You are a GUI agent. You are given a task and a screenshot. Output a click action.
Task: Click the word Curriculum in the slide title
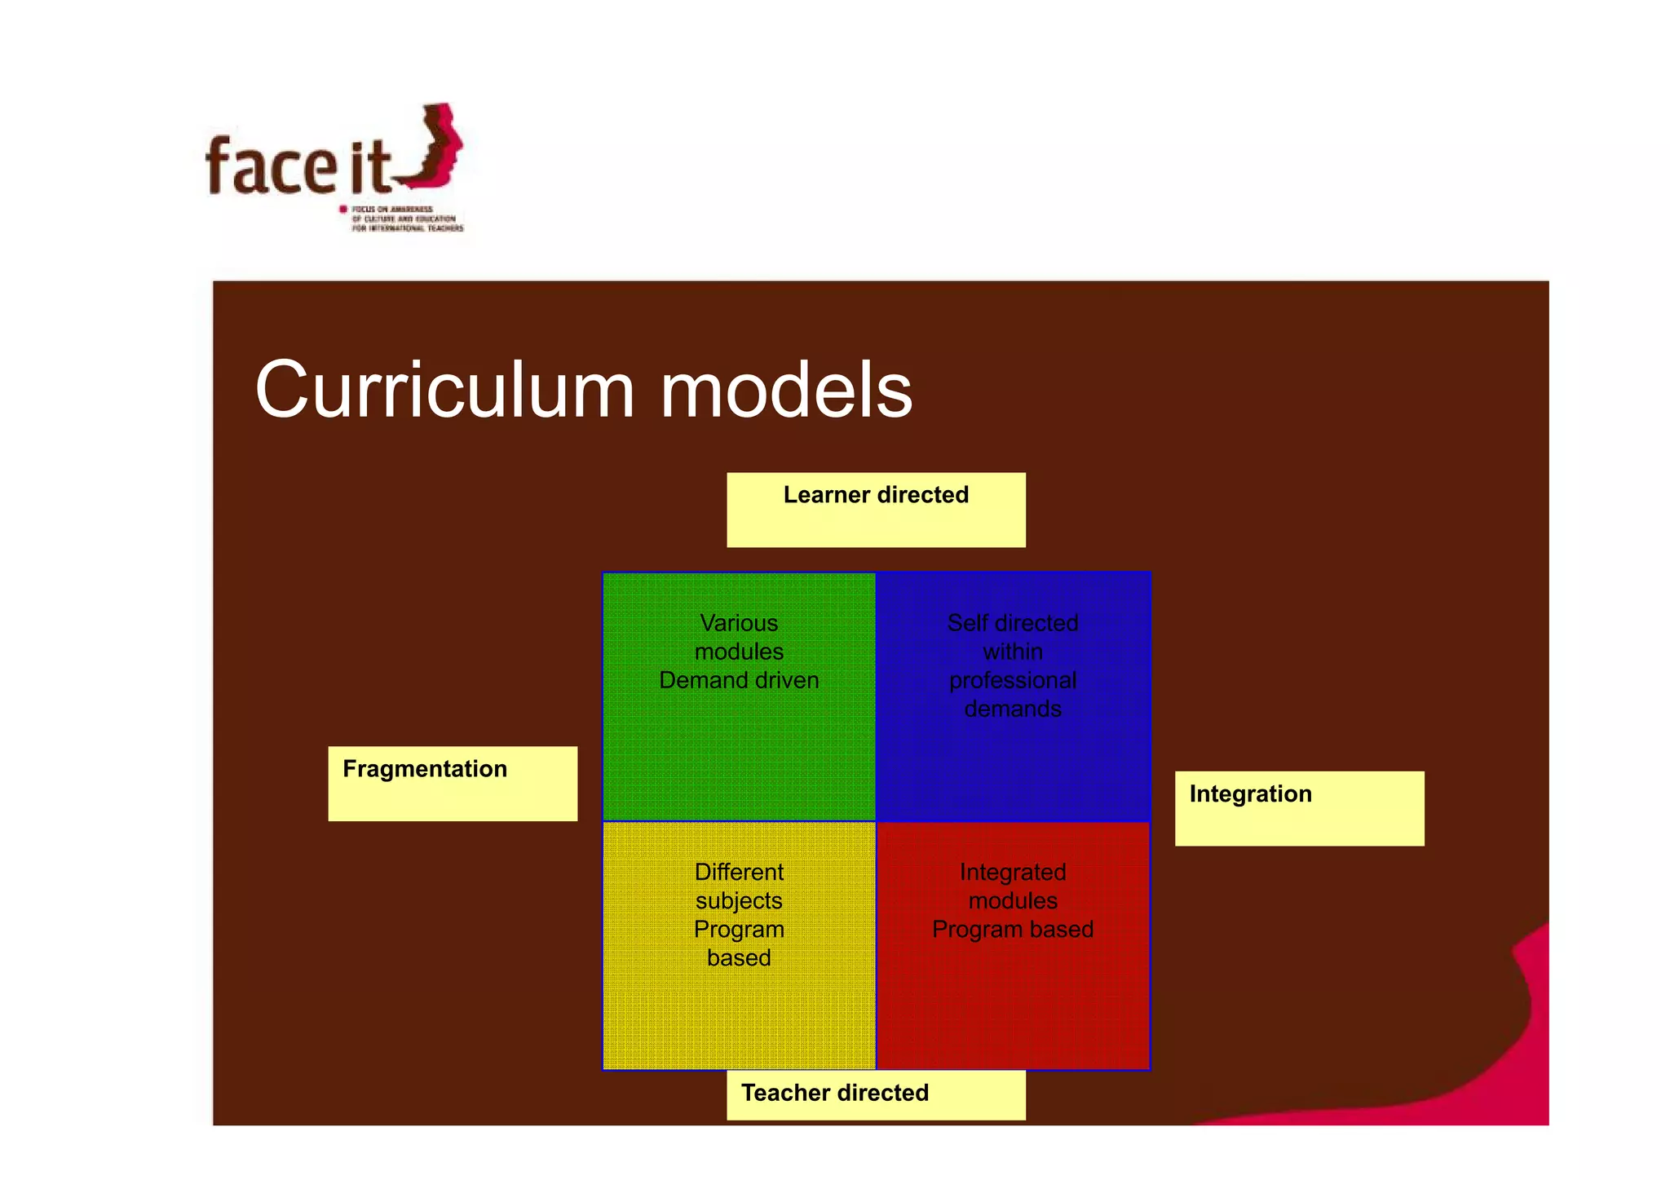tap(444, 391)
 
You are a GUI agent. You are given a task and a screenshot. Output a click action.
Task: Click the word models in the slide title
tap(786, 391)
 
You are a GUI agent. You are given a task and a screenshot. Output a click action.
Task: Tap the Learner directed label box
tap(876, 510)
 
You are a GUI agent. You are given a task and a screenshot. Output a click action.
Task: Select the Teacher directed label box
tap(876, 1094)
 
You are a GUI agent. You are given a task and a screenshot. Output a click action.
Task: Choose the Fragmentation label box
tap(453, 783)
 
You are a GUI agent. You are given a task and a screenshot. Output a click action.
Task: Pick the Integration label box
tap(1299, 808)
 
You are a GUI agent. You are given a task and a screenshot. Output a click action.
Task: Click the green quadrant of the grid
tap(739, 750)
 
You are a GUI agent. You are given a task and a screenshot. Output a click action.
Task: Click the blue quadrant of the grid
tap(1013, 767)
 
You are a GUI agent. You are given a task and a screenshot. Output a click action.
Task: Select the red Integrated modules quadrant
tap(1013, 1003)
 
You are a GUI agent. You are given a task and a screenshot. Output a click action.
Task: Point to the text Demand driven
tap(739, 680)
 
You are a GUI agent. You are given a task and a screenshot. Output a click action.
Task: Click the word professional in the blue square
tap(1013, 680)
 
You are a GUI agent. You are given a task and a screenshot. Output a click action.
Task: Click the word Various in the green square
tap(739, 623)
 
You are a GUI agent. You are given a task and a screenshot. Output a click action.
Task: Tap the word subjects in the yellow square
tap(739, 900)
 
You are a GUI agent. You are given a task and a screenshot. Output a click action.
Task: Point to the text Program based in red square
tap(1013, 929)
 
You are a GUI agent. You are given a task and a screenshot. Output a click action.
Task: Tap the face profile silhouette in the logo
tap(436, 147)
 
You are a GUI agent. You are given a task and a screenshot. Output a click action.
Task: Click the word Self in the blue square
tap(965, 623)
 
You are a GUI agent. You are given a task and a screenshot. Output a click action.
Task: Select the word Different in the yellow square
tap(739, 872)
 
